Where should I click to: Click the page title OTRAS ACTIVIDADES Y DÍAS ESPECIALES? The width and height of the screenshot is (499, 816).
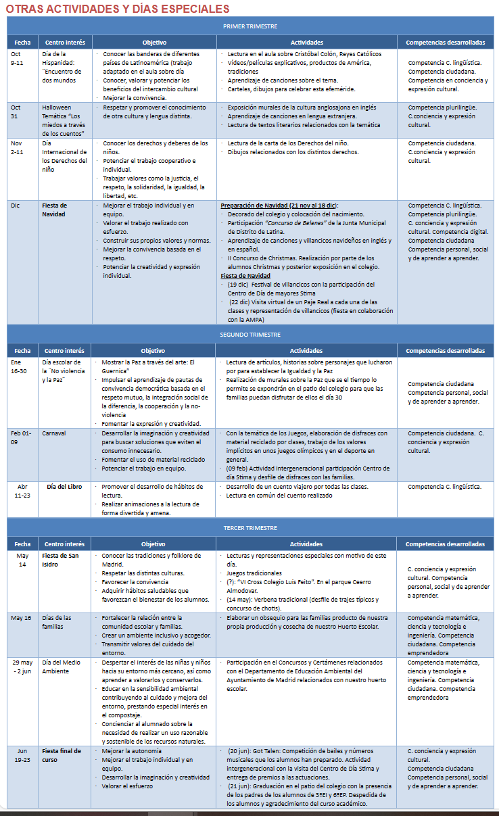coord(117,9)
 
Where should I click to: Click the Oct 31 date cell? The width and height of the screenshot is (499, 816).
coord(16,111)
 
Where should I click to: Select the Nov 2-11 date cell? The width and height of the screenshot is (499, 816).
coord(17,147)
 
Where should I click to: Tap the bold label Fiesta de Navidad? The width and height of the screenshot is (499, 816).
coord(55,209)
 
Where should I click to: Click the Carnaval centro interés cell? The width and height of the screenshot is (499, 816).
coord(54,433)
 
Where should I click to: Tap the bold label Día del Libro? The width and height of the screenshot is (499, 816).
coord(65,486)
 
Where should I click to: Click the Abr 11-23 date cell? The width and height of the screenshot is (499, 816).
coord(22,490)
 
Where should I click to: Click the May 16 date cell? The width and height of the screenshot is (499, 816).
coord(22,618)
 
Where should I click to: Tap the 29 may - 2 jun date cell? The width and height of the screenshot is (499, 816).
coord(22,667)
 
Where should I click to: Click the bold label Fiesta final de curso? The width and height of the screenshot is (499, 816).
coord(62,755)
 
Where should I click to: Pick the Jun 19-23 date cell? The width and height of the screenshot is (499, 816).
coord(22,755)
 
